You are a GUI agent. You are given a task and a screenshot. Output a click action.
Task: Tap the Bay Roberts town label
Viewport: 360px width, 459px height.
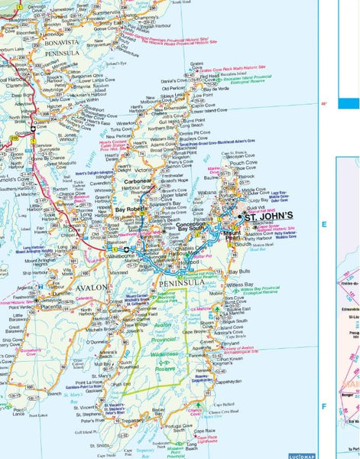tap(130, 208)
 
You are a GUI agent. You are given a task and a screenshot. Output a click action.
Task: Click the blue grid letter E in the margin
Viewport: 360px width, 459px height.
tap(324, 224)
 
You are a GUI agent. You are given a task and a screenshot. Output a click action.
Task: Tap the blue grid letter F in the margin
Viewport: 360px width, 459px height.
tap(323, 405)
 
